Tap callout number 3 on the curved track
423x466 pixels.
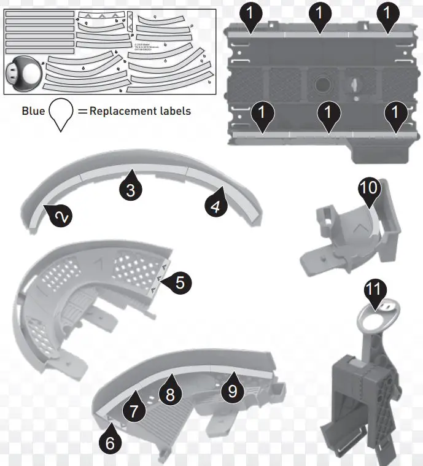tap(130, 190)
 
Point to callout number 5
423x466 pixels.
tap(179, 282)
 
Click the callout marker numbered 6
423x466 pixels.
tap(110, 443)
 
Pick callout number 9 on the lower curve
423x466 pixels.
tap(232, 392)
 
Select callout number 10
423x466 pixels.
tap(368, 188)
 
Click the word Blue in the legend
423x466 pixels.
tap(33, 111)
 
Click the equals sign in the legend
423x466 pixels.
tap(81, 111)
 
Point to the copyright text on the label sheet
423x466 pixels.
tap(142, 47)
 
